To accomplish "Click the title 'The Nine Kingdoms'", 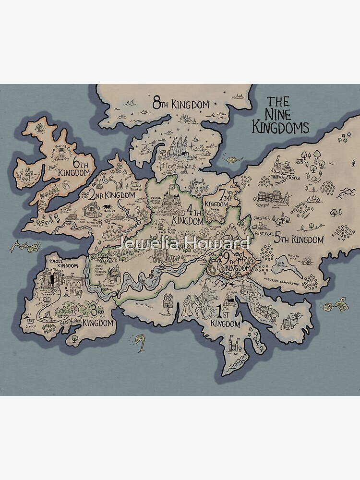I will (288, 115).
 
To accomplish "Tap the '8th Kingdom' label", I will (181, 103).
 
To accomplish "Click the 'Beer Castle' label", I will (291, 178).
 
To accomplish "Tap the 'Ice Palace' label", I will (177, 166).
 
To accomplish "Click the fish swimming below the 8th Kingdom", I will (231, 159).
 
